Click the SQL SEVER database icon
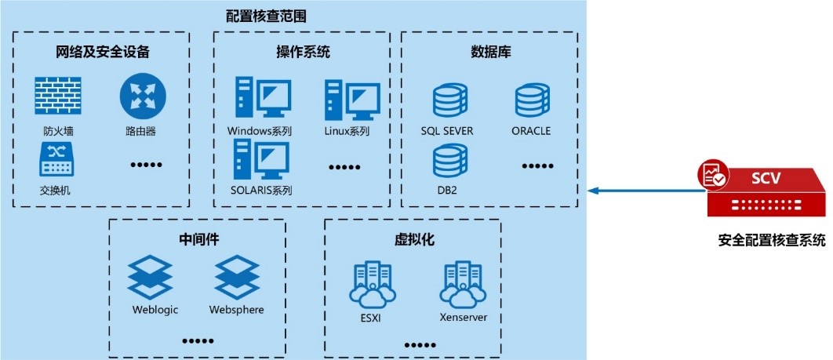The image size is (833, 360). click(449, 100)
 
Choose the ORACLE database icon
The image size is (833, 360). click(532, 100)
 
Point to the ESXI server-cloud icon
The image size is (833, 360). click(371, 282)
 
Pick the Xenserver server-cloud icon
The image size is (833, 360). click(463, 282)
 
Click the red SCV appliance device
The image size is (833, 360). click(765, 193)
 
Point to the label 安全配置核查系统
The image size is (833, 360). click(770, 241)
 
